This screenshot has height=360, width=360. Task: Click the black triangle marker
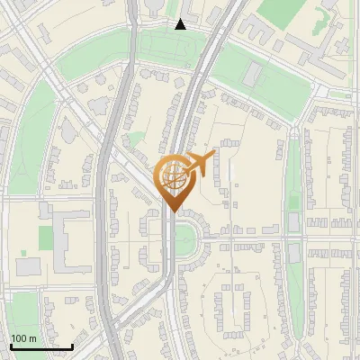[180, 24]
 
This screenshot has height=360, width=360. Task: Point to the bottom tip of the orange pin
[173, 211]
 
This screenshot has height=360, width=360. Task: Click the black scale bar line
[41, 346]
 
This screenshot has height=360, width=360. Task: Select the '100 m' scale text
[23, 338]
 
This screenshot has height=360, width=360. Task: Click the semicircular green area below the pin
[186, 241]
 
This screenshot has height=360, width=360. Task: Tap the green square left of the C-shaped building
[45, 238]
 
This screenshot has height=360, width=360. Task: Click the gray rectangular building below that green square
[29, 266]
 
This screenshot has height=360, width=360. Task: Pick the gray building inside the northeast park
[253, 73]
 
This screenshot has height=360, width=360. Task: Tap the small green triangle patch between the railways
[136, 139]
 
